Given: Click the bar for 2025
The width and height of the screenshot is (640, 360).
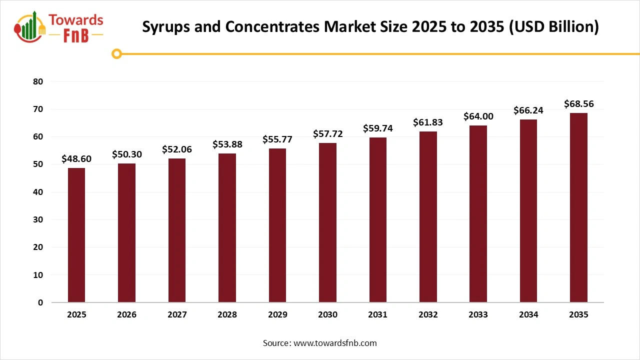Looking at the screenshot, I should click(x=76, y=235).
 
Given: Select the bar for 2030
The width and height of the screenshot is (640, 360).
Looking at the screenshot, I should click(x=327, y=222).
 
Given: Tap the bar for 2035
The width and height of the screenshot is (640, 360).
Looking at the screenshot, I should click(x=578, y=207).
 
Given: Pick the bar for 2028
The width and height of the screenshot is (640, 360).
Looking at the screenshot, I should click(x=227, y=227).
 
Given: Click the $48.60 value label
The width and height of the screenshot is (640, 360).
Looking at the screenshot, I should click(x=76, y=158).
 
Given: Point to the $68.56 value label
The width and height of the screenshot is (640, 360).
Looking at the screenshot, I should click(x=578, y=104).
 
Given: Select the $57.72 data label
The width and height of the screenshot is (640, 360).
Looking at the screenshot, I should click(x=327, y=133).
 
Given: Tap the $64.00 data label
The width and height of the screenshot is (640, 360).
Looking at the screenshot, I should click(x=478, y=116).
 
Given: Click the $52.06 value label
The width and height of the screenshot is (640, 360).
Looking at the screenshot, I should click(x=177, y=149).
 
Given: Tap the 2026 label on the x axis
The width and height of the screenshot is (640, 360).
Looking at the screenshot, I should click(x=127, y=315).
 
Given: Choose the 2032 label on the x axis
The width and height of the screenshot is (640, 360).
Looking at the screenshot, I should click(x=428, y=315).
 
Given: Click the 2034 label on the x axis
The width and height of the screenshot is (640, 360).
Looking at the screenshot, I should click(x=528, y=315).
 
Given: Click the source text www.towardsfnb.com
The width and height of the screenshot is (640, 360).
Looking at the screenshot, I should click(x=334, y=343).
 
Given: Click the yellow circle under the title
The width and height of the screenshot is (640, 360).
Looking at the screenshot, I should click(x=116, y=53).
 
